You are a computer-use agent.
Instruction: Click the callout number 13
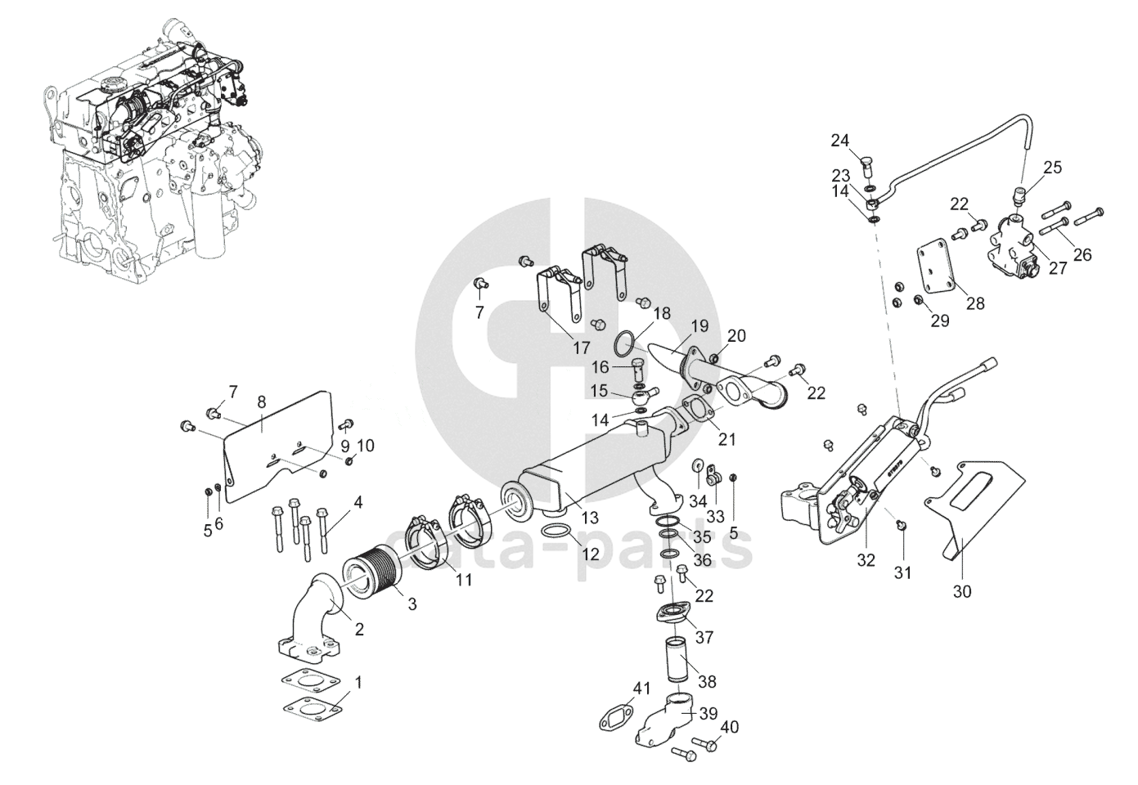[x=590, y=517]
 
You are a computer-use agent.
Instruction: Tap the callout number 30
[x=962, y=590]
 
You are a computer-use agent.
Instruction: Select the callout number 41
[x=641, y=689]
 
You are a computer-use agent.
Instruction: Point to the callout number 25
[x=1052, y=168]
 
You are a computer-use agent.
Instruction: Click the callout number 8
[x=262, y=401]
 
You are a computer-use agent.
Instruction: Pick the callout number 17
[x=581, y=348]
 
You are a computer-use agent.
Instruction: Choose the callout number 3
[x=412, y=604]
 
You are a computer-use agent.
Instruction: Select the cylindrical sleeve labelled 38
[x=678, y=656]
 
